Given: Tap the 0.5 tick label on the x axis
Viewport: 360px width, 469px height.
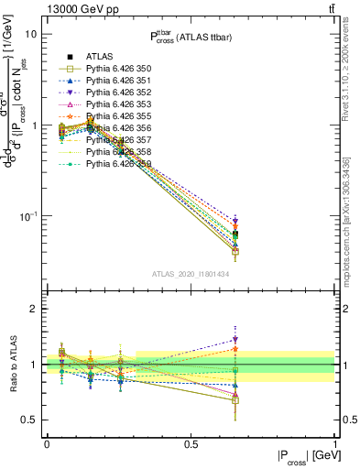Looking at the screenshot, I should click(x=191, y=443).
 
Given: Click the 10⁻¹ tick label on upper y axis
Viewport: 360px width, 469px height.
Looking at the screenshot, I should click(x=27, y=216).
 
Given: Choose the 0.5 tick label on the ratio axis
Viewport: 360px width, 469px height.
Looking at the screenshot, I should click(x=28, y=420).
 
